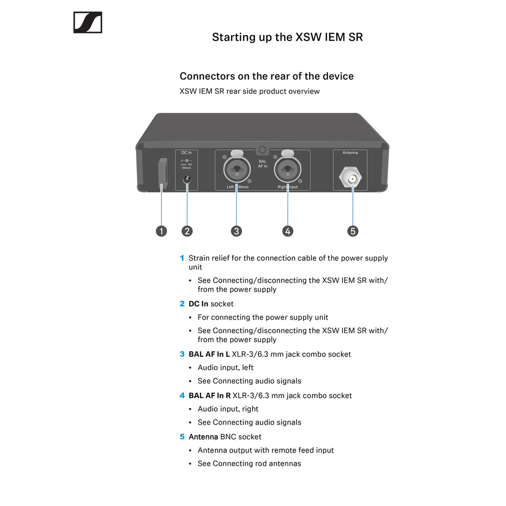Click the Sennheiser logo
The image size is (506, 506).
coord(87,22)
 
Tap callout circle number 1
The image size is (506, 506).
coord(161,231)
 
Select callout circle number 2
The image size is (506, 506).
coord(187,231)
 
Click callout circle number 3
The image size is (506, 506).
coord(237,231)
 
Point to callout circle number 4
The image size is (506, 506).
coord(288,231)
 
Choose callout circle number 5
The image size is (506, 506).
coord(353,231)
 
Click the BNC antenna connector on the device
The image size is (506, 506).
coord(352,179)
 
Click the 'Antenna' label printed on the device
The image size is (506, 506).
coord(350,153)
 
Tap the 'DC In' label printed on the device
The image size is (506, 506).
coord(186,153)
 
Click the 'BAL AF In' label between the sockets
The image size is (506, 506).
coord(262,164)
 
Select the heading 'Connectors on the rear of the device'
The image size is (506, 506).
coord(266,76)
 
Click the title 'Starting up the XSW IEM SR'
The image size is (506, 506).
coord(287,37)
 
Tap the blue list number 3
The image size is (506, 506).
coord(182,354)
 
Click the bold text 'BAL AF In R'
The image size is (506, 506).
coord(210,395)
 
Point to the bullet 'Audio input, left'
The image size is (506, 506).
coord(225,368)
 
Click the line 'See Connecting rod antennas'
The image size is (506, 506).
coord(249,464)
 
